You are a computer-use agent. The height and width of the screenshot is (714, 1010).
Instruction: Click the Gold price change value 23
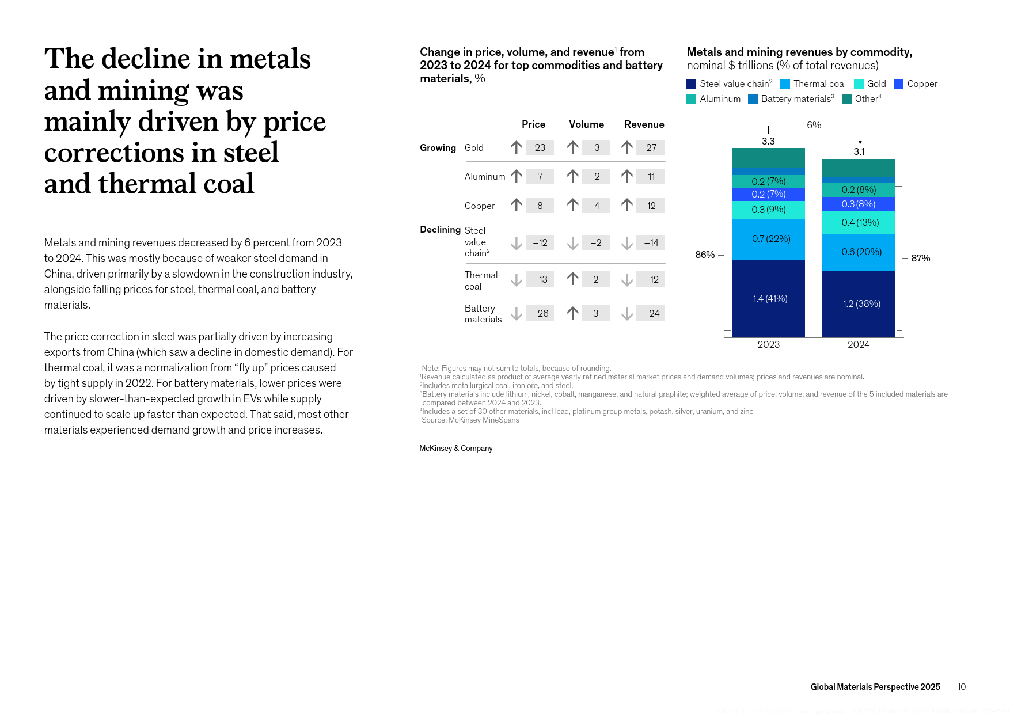(x=540, y=147)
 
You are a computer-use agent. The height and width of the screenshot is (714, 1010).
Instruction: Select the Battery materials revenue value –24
(x=651, y=313)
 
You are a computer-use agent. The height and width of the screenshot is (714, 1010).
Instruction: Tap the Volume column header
(x=586, y=124)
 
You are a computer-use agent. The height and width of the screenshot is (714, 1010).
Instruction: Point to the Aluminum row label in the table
(x=485, y=177)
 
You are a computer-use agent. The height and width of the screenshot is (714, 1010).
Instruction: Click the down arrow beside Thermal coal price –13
(x=517, y=280)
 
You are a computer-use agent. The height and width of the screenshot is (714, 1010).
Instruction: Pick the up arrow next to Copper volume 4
(x=572, y=205)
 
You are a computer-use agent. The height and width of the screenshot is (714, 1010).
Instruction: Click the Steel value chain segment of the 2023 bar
(x=769, y=298)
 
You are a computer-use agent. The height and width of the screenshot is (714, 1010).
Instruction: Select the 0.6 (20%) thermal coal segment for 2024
(x=859, y=252)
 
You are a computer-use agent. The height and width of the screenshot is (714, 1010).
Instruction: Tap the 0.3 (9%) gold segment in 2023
(x=769, y=210)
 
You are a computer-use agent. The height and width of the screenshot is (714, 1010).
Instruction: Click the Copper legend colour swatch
(x=898, y=84)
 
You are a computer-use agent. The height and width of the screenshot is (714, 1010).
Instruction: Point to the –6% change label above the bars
(x=811, y=125)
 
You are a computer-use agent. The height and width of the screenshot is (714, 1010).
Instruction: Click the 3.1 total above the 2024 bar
(x=859, y=152)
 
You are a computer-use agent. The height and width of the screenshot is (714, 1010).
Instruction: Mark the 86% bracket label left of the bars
(x=705, y=255)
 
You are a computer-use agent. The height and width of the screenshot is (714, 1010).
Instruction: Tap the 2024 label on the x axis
(x=859, y=344)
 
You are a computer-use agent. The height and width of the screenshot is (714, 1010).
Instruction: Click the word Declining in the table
(x=440, y=230)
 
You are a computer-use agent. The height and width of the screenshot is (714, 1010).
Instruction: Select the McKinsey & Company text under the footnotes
(x=456, y=448)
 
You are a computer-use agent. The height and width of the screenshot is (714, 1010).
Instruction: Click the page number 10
(x=962, y=687)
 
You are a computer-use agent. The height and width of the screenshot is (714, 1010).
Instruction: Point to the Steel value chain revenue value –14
(x=651, y=243)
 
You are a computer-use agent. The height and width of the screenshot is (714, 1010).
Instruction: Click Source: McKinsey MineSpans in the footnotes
(x=470, y=420)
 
